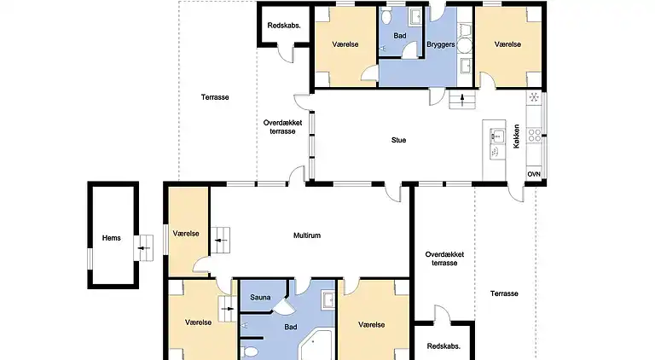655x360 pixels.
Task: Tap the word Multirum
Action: click(x=306, y=235)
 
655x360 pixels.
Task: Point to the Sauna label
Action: click(x=260, y=298)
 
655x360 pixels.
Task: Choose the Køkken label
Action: click(x=517, y=139)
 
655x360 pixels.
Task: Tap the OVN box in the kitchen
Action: click(x=534, y=173)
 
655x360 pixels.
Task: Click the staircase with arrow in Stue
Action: click(x=461, y=102)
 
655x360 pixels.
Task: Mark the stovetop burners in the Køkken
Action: click(x=535, y=133)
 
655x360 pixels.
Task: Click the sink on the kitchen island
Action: click(x=494, y=151)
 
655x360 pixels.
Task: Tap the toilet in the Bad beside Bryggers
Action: click(x=386, y=17)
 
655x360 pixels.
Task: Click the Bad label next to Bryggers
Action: click(x=398, y=36)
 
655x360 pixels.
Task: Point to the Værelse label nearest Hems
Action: click(x=185, y=233)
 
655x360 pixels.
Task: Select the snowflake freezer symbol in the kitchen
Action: click(x=535, y=97)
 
